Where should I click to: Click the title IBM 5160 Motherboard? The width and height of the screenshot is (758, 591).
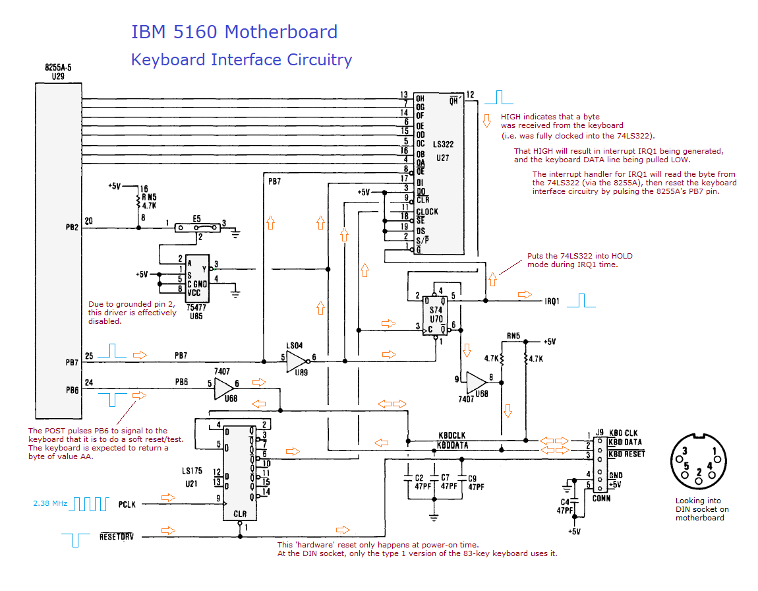coord(234,32)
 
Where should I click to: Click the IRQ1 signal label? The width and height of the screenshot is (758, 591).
coord(552,301)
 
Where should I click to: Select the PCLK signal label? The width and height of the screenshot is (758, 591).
coord(127,505)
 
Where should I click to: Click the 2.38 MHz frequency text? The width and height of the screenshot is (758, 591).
coord(50,504)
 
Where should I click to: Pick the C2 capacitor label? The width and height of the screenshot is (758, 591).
coord(419,477)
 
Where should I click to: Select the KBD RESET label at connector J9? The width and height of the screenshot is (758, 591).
coord(626,454)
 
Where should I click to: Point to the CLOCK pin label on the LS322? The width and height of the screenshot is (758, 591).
coord(427,212)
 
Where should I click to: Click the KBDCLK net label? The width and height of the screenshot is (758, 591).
coord(452,435)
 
